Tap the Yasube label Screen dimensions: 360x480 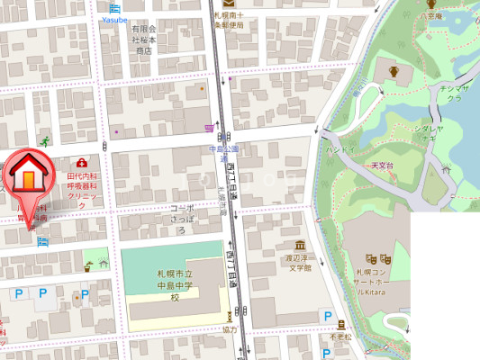114,18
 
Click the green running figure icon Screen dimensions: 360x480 44,142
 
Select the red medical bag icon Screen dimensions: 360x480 81,162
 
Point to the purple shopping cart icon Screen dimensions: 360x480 210,129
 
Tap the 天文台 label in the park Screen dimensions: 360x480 384,166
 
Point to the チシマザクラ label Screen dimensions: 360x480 450,94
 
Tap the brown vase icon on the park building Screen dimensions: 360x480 392,70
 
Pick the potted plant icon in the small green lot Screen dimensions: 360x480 88,265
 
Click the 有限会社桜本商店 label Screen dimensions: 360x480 145,40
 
